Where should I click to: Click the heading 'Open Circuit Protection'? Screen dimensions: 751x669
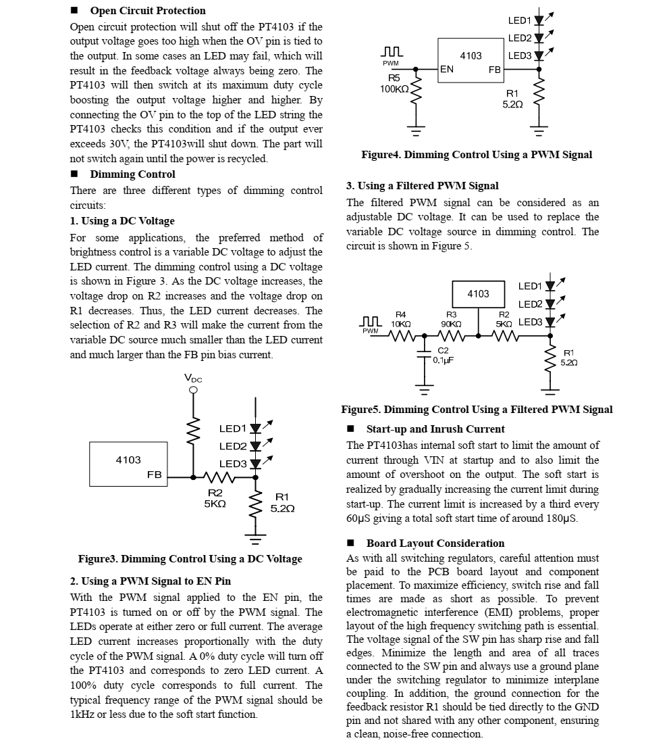tap(147, 11)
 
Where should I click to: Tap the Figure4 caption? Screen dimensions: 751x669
tap(477, 155)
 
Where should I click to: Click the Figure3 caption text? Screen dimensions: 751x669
tap(190, 559)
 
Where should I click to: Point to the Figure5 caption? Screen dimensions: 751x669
tap(477, 410)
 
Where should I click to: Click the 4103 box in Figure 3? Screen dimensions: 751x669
tap(128, 464)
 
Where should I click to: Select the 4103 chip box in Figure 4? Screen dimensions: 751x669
tap(471, 59)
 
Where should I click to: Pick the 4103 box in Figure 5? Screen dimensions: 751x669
tap(478, 294)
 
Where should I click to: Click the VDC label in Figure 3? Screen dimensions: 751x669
tap(193, 379)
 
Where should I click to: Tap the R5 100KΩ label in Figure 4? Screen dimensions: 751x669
tap(394, 84)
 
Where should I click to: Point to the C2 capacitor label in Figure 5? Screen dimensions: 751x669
tap(443, 355)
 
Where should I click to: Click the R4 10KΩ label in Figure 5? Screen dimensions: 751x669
tap(401, 320)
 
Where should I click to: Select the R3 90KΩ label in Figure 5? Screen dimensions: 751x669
tap(451, 320)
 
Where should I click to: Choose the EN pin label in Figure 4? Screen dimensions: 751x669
tap(447, 69)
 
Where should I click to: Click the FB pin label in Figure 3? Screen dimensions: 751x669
tap(155, 475)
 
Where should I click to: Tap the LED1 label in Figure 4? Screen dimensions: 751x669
tap(519, 21)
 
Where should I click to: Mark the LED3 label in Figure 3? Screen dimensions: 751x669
tap(233, 464)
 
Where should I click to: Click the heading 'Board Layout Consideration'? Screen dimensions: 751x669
tap(435, 543)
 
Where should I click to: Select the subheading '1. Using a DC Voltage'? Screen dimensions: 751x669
tap(122, 221)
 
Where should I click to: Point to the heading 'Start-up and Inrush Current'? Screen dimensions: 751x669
tap(435, 429)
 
